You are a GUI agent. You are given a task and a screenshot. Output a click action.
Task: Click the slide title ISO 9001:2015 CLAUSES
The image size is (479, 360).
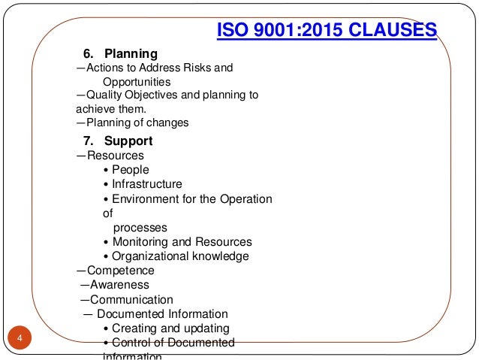click(326, 31)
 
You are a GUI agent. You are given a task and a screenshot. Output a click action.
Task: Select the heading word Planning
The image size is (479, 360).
click(131, 54)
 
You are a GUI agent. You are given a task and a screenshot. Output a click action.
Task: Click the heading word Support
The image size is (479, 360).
click(128, 141)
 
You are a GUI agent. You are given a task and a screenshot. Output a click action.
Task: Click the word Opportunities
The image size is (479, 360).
click(136, 81)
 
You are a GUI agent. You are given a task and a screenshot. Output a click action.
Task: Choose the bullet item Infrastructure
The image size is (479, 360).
click(146, 184)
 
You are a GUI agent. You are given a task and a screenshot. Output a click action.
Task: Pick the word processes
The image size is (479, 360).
click(140, 227)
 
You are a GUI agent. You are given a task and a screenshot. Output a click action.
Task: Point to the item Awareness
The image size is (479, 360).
click(119, 285)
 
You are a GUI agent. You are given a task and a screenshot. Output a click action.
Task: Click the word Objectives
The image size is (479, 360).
click(152, 95)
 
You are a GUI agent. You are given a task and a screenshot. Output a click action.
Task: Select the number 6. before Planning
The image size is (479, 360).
click(87, 54)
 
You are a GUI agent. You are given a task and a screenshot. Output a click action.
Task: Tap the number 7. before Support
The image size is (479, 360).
click(87, 141)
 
